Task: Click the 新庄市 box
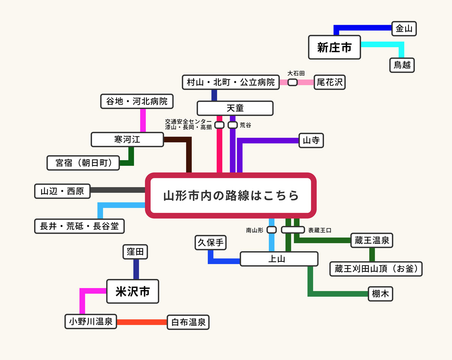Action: tap(334, 47)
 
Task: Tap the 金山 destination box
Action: tap(404, 28)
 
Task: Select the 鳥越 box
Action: tap(402, 65)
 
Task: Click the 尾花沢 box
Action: tap(330, 82)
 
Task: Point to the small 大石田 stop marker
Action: tap(292, 82)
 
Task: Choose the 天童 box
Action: tap(235, 108)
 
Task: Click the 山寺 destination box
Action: tap(311, 140)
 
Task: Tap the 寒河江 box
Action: tap(127, 139)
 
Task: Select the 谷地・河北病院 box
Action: tap(137, 101)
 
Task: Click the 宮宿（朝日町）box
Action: tap(83, 163)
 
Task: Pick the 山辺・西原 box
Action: tap(63, 191)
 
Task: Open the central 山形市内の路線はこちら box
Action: tap(231, 196)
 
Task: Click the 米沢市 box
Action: tap(133, 291)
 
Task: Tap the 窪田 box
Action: tap(135, 252)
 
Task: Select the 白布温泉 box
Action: tap(188, 322)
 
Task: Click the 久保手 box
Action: tap(211, 242)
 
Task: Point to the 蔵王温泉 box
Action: tap(372, 240)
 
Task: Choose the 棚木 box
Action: tap(380, 294)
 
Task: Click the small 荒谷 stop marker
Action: tap(233, 125)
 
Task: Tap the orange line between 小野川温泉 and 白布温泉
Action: tap(142, 322)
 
